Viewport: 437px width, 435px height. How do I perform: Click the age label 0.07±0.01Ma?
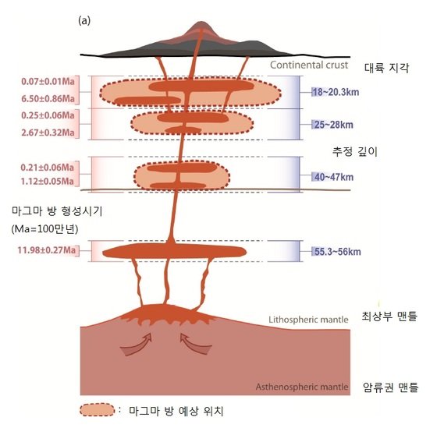(48, 82)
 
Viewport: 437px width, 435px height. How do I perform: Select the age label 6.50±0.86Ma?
(48, 98)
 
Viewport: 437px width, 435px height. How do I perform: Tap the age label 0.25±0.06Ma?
(48, 115)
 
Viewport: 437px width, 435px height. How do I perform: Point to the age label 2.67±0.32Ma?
(48, 133)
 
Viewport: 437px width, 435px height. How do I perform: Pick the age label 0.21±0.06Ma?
(48, 168)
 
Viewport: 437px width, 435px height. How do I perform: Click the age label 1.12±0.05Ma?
(48, 182)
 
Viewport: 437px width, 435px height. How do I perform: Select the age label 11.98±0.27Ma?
(47, 250)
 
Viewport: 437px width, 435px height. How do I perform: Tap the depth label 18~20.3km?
(336, 92)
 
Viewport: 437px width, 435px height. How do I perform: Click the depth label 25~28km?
(332, 125)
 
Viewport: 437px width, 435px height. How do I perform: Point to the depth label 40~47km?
(332, 177)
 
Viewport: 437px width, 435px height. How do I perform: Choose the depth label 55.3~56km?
(336, 252)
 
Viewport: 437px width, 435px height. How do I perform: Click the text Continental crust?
(309, 65)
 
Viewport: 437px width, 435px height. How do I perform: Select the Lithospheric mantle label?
(308, 320)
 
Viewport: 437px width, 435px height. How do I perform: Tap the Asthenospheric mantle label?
(302, 387)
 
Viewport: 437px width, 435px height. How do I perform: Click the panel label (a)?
(84, 21)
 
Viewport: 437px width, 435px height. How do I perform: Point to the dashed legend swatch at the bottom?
(97, 410)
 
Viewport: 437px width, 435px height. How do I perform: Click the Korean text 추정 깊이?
(354, 151)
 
